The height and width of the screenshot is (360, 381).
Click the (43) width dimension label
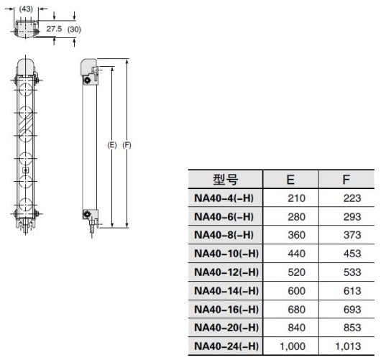(26, 9)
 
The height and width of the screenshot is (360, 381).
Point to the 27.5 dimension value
(54, 29)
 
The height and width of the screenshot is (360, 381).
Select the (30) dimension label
(74, 29)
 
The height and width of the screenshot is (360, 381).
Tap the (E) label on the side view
(112, 145)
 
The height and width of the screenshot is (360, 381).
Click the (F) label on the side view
(127, 145)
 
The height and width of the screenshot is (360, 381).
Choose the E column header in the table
(290, 180)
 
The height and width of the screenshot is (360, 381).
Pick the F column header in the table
(346, 180)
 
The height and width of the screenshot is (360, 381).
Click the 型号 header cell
(225, 180)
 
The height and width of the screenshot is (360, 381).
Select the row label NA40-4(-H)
(224, 198)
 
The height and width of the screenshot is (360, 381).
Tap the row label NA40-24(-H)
(226, 346)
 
